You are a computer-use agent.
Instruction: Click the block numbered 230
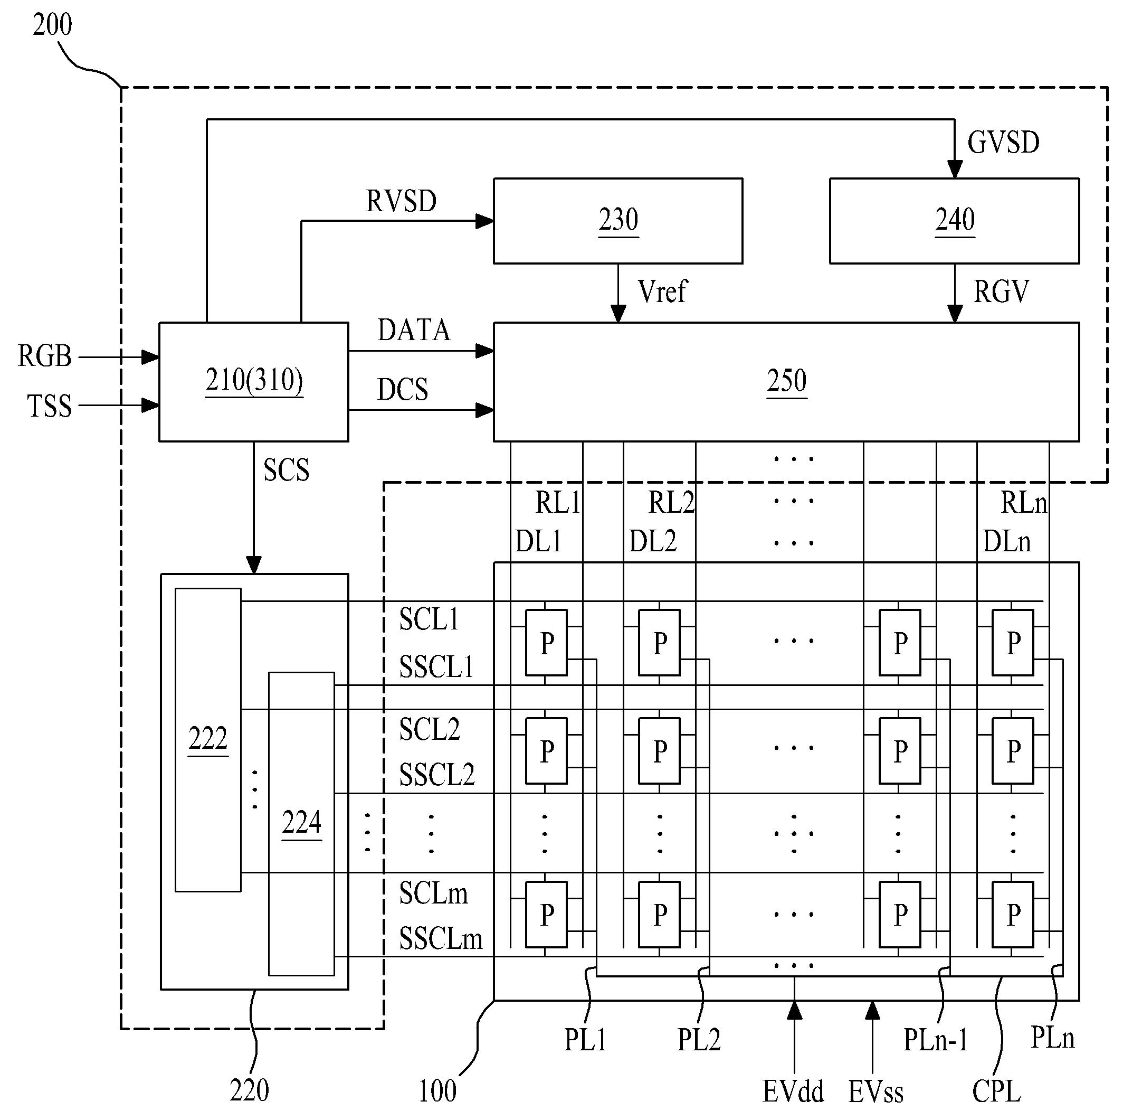[618, 221]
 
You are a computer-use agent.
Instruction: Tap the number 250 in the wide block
[786, 381]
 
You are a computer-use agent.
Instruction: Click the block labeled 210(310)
[254, 382]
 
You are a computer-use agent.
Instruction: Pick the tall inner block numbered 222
[208, 740]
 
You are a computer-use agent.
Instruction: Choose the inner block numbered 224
[301, 823]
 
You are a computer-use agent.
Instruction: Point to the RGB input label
[45, 356]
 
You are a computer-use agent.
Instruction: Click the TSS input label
[50, 406]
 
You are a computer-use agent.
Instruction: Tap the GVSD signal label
[1003, 143]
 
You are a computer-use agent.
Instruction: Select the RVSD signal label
[401, 201]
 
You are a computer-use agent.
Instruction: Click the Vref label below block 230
[662, 291]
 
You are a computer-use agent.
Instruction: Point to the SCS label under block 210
[286, 470]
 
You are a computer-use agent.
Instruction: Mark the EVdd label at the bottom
[793, 1091]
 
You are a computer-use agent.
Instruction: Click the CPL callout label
[996, 1091]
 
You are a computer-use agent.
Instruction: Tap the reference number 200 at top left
[52, 25]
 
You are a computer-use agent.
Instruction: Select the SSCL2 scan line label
[436, 775]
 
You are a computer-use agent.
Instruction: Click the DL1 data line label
[538, 542]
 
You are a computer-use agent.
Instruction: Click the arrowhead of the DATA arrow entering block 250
[486, 351]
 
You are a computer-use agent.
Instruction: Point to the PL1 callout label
[586, 1040]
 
